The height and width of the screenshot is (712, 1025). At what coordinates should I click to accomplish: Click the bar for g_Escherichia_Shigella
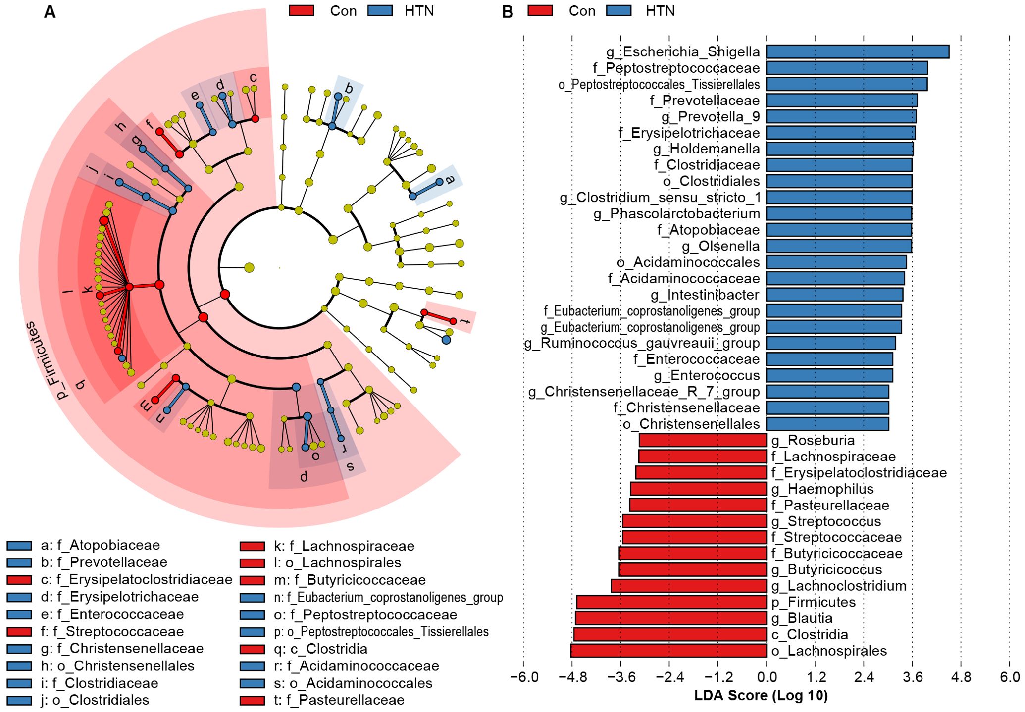[857, 51]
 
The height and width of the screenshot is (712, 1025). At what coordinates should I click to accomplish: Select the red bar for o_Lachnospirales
[668, 651]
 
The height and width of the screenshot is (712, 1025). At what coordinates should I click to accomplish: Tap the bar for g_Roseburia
[703, 440]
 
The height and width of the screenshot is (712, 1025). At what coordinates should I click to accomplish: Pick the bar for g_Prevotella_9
[841, 116]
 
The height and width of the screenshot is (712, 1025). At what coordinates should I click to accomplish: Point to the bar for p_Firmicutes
[671, 602]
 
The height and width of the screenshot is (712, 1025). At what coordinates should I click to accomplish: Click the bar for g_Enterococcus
[829, 375]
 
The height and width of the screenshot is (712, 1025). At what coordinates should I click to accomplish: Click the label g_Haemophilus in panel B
[822, 489]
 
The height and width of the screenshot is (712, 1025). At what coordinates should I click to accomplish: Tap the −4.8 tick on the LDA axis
[572, 677]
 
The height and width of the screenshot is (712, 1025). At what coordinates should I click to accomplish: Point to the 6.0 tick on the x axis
[1010, 677]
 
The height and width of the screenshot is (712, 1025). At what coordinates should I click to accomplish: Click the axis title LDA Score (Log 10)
[761, 696]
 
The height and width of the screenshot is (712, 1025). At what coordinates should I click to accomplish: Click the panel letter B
[508, 12]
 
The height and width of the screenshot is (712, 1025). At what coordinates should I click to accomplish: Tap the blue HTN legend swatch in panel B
[618, 11]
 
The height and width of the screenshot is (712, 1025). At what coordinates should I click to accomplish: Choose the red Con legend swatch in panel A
[301, 11]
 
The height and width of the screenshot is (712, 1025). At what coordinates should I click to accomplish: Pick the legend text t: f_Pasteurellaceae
[339, 700]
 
